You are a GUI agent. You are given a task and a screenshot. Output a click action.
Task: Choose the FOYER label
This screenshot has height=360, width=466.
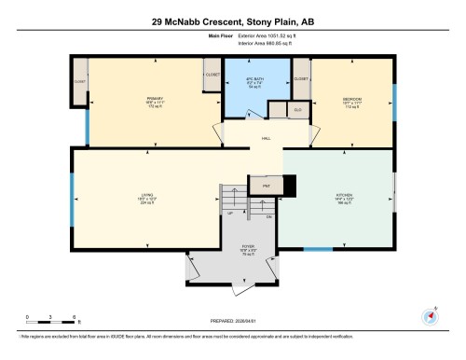pos(247,249)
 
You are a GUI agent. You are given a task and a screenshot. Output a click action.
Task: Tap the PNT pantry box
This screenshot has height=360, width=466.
pos(266,187)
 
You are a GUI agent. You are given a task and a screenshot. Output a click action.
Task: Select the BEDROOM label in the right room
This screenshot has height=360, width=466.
pos(351,97)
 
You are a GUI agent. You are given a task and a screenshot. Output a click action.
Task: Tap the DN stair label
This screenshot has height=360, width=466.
pos(268,217)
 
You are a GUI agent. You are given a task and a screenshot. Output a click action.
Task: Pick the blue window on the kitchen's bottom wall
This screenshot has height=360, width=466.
pos(319,249)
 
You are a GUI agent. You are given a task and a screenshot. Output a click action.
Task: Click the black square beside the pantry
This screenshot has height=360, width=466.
pos(288,187)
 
